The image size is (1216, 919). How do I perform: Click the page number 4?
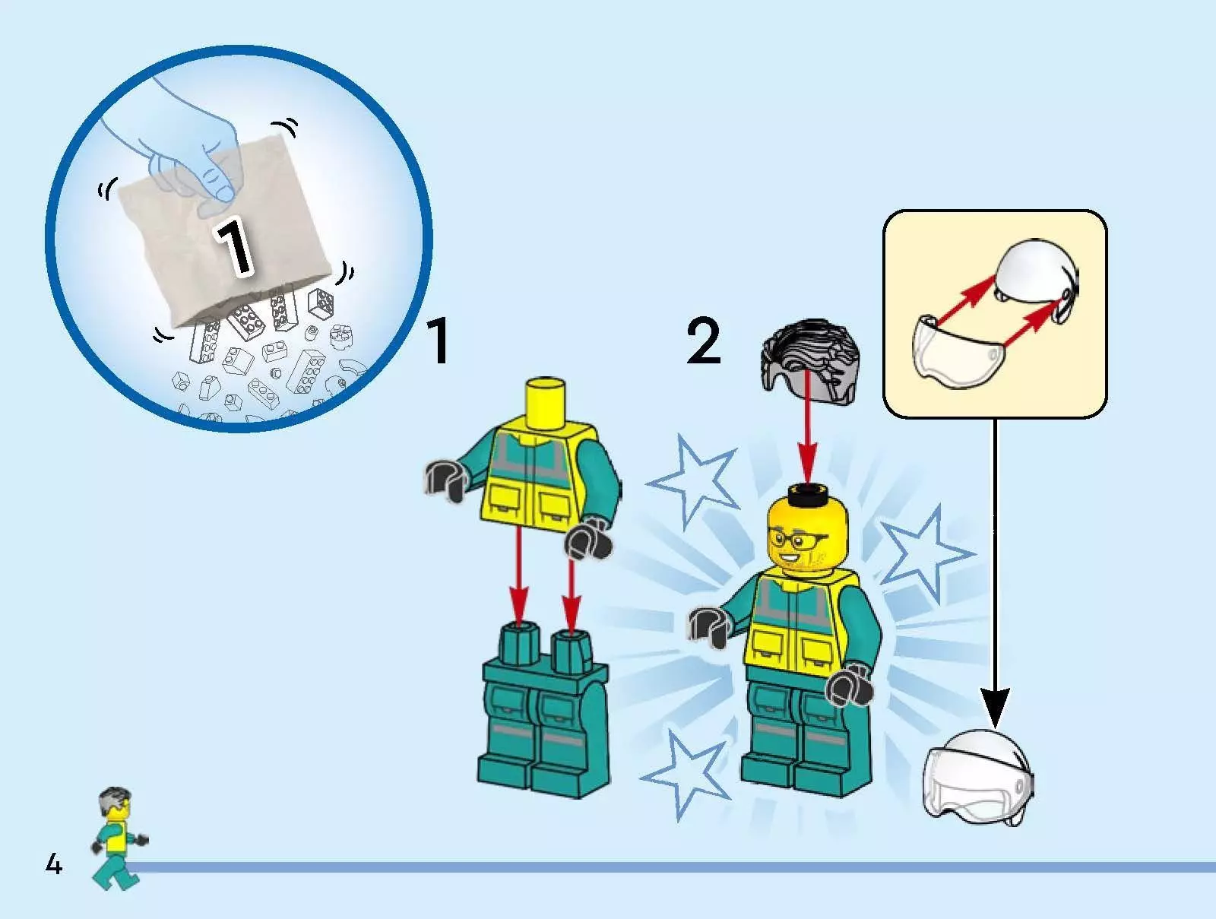coord(54,864)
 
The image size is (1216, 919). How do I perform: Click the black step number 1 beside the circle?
coord(439,340)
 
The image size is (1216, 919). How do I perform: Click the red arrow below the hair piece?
coord(809,426)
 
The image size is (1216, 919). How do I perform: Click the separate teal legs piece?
coord(544,710)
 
